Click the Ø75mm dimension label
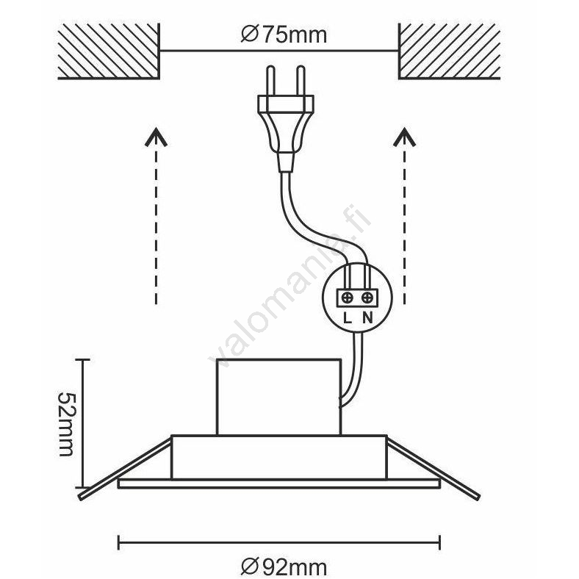(283, 34)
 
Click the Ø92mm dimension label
(283, 566)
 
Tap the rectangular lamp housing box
(278, 397)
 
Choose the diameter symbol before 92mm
(249, 566)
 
